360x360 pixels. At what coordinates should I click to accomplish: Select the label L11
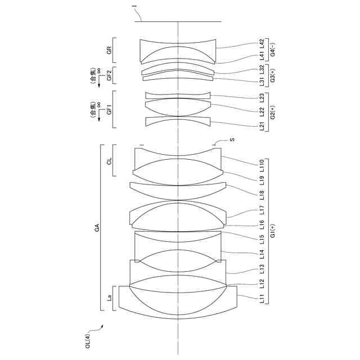[x=262, y=299]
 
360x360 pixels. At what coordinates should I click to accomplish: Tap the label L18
[x=262, y=195]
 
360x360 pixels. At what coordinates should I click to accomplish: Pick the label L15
[x=262, y=239]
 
